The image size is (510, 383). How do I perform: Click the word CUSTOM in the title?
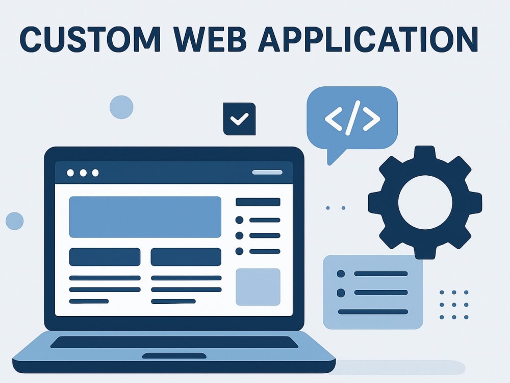(90, 39)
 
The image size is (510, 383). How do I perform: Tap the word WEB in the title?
(210, 39)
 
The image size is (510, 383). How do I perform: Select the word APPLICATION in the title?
(368, 39)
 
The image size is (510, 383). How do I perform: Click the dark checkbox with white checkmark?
(239, 119)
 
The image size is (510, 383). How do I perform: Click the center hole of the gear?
(425, 202)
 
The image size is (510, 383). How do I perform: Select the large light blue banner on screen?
(145, 217)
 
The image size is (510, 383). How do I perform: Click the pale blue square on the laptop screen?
(258, 287)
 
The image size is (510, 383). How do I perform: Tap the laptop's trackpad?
(174, 355)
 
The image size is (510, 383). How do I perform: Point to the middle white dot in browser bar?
(83, 173)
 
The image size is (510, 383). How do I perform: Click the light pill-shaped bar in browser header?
(267, 172)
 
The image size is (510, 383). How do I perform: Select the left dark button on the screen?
(105, 257)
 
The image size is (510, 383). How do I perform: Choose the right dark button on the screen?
(186, 257)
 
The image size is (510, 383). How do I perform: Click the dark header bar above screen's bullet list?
(258, 202)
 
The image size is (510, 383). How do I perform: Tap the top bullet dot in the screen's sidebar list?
(239, 220)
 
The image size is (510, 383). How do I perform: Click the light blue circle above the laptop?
(121, 107)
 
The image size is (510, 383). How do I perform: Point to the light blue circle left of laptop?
(15, 221)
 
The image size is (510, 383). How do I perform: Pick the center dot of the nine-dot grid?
(454, 305)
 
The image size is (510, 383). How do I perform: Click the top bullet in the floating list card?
(341, 274)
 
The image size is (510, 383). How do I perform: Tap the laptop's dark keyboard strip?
(174, 342)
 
